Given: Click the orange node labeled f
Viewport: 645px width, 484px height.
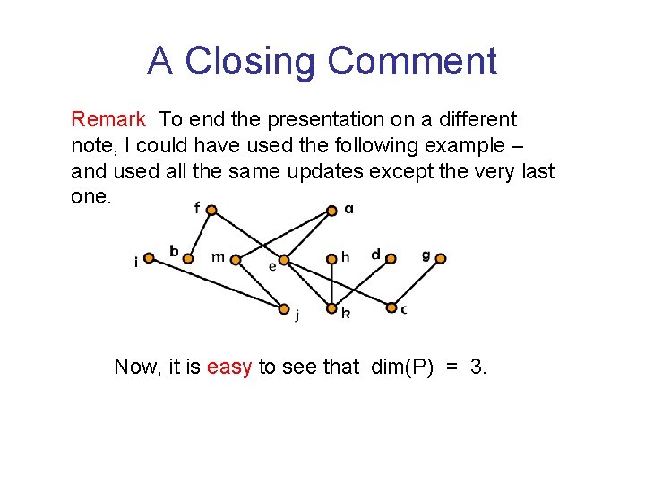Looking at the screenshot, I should coord(211,211).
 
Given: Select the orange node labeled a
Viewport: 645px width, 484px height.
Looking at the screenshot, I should coord(331,211).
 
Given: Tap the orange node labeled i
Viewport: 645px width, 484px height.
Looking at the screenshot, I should coord(150,257).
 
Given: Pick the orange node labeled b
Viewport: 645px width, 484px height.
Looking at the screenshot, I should coord(188,258).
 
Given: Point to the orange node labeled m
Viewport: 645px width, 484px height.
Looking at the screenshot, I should coord(236,260).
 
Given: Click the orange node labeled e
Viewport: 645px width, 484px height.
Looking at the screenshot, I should coord(284,261).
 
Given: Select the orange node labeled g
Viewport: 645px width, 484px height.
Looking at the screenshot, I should coord(440,259).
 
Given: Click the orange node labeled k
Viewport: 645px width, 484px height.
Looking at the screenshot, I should coord(331,308).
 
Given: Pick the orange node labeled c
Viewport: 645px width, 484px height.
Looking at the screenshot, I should coord(391,307).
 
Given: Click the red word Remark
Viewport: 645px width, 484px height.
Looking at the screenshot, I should coord(108,119).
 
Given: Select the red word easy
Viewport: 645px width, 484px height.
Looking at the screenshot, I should coord(229,367).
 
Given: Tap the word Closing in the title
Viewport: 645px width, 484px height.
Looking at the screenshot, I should coord(252,61).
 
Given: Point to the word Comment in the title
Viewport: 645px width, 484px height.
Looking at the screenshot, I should coord(412,61).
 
